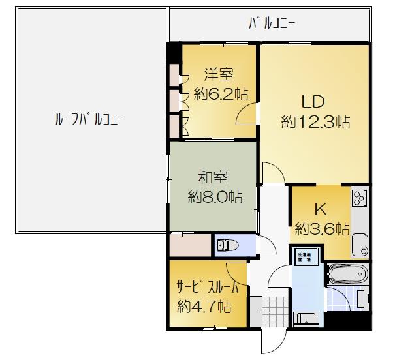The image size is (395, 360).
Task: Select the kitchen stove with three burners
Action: [359, 195]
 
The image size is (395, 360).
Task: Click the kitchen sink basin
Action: [359, 247]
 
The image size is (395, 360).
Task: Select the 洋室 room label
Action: [218, 73]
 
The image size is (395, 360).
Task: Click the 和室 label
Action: [213, 176]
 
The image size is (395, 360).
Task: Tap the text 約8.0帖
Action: [213, 196]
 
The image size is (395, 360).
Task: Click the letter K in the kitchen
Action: [321, 209]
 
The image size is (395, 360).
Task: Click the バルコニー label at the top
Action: [272, 25]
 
